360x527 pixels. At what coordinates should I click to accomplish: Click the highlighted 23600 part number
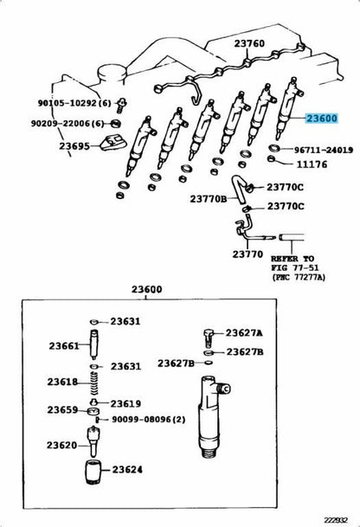(x=321, y=119)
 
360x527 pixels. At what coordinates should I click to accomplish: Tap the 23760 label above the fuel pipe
(x=249, y=43)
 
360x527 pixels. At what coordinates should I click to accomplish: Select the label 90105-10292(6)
(x=74, y=103)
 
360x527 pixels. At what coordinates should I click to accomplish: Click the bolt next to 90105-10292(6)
(x=122, y=106)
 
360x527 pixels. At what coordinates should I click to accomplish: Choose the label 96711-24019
(x=324, y=150)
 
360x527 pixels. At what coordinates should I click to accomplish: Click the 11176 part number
(x=312, y=164)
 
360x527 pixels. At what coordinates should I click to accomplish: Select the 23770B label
(x=209, y=199)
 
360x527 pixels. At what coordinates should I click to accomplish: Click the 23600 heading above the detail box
(x=146, y=289)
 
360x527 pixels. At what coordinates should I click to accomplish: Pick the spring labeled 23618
(x=95, y=383)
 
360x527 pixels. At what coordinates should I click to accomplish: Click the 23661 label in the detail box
(x=64, y=346)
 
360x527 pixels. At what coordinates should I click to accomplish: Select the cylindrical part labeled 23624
(x=93, y=472)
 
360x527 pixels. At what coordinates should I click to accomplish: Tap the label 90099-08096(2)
(x=148, y=420)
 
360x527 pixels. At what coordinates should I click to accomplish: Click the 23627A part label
(x=244, y=333)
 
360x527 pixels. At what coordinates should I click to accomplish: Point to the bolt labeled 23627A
(x=209, y=338)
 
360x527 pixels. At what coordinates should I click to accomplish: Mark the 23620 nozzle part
(x=93, y=441)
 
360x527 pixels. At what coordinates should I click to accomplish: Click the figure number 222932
(x=336, y=519)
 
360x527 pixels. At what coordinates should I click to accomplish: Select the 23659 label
(x=62, y=410)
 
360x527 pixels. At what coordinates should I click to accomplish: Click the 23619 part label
(x=125, y=403)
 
